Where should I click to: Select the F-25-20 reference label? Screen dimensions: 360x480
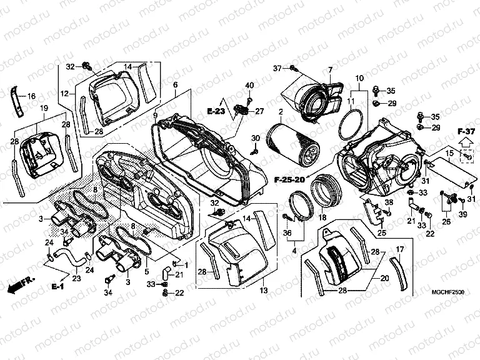(x=289, y=180)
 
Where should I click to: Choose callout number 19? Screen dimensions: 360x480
(x=44, y=109)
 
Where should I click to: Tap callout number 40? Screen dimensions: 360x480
(x=249, y=85)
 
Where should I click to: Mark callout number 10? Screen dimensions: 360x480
(x=359, y=77)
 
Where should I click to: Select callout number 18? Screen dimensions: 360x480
(x=322, y=217)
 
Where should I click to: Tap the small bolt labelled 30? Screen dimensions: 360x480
(x=255, y=151)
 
